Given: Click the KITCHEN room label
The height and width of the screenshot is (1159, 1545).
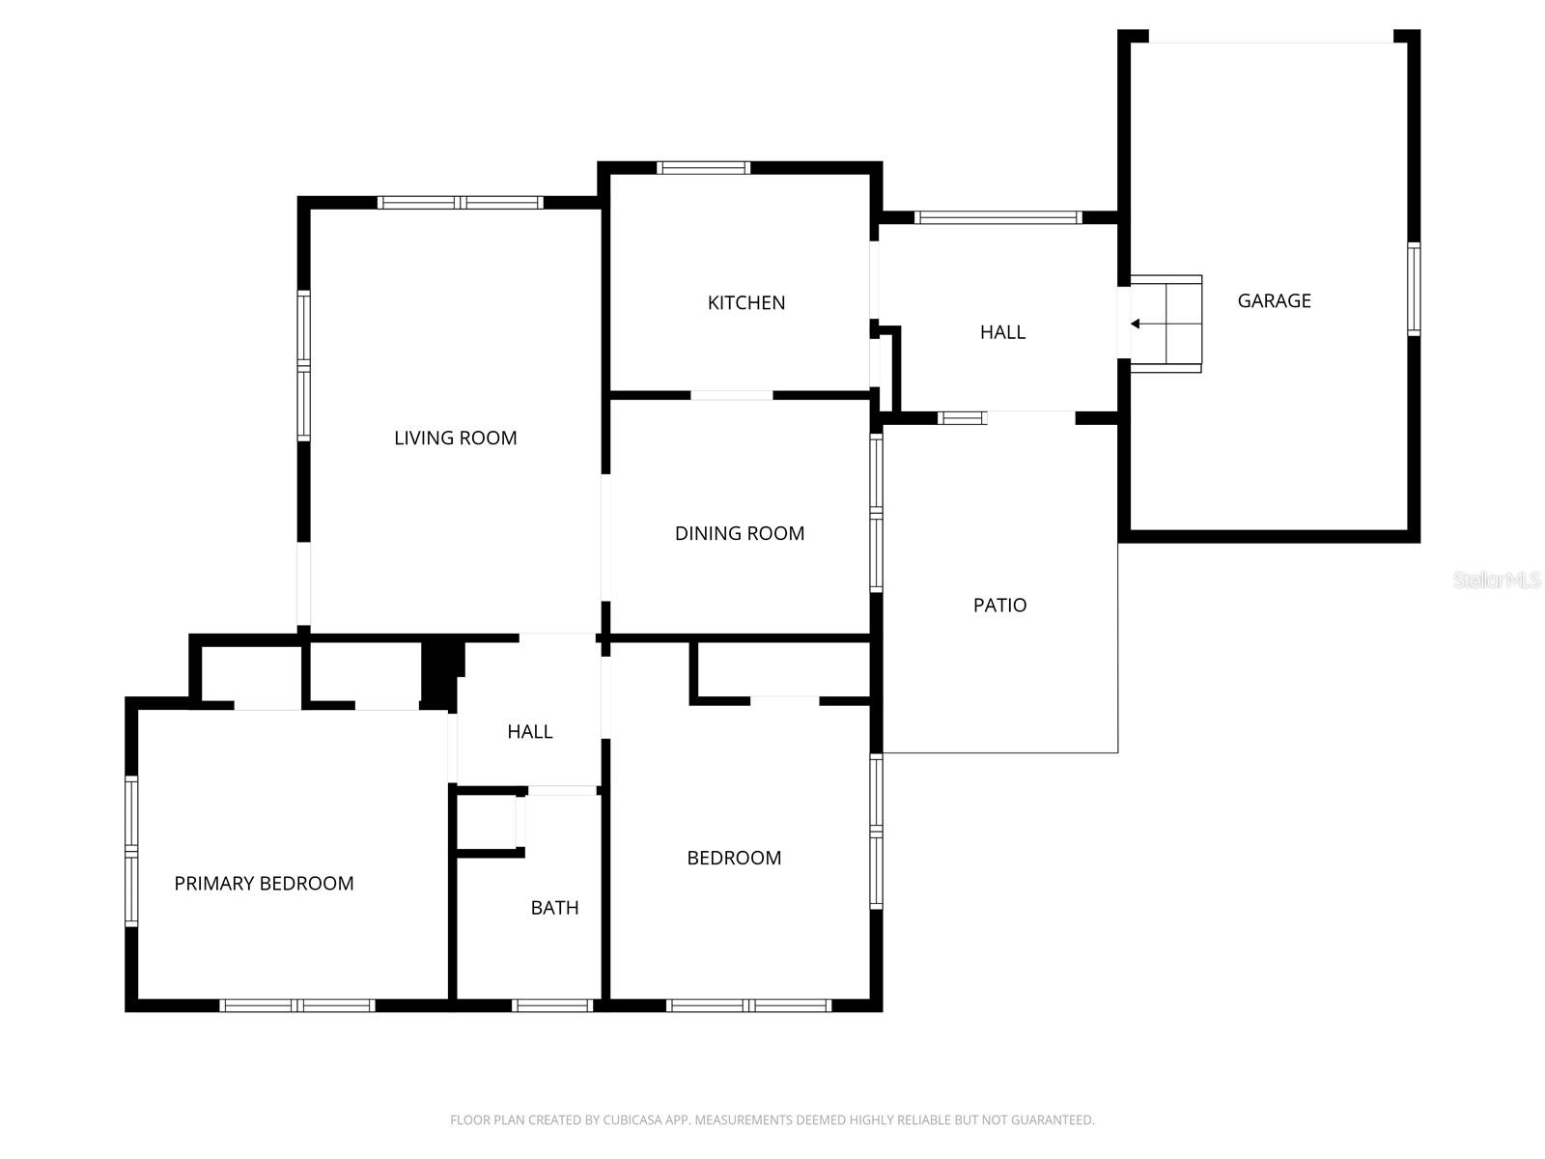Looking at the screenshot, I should [745, 302].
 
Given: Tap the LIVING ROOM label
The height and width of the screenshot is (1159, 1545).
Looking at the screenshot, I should [455, 438].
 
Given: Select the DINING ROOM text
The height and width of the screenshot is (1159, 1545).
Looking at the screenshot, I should [739, 533].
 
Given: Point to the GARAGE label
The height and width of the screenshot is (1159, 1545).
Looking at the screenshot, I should [1274, 300].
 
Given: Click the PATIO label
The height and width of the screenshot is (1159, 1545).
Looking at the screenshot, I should [999, 605].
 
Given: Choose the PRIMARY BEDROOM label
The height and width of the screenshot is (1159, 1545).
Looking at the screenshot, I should [264, 883].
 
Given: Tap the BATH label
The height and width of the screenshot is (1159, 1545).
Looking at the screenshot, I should [554, 907].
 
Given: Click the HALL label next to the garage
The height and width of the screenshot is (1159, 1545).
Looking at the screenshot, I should [1002, 332].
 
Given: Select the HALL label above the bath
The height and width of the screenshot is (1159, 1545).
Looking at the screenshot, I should [529, 732].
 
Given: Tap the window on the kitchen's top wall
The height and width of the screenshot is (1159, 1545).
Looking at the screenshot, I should [703, 168].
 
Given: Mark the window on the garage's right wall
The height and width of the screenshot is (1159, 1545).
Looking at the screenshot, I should [1414, 289].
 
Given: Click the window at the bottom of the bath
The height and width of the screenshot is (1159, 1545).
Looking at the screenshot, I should [551, 1005].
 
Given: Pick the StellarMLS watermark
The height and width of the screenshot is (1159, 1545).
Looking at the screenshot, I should [1497, 579].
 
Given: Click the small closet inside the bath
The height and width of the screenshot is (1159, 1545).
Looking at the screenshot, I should [488, 822].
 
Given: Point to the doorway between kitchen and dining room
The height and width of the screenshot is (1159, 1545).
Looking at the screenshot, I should [731, 395].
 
